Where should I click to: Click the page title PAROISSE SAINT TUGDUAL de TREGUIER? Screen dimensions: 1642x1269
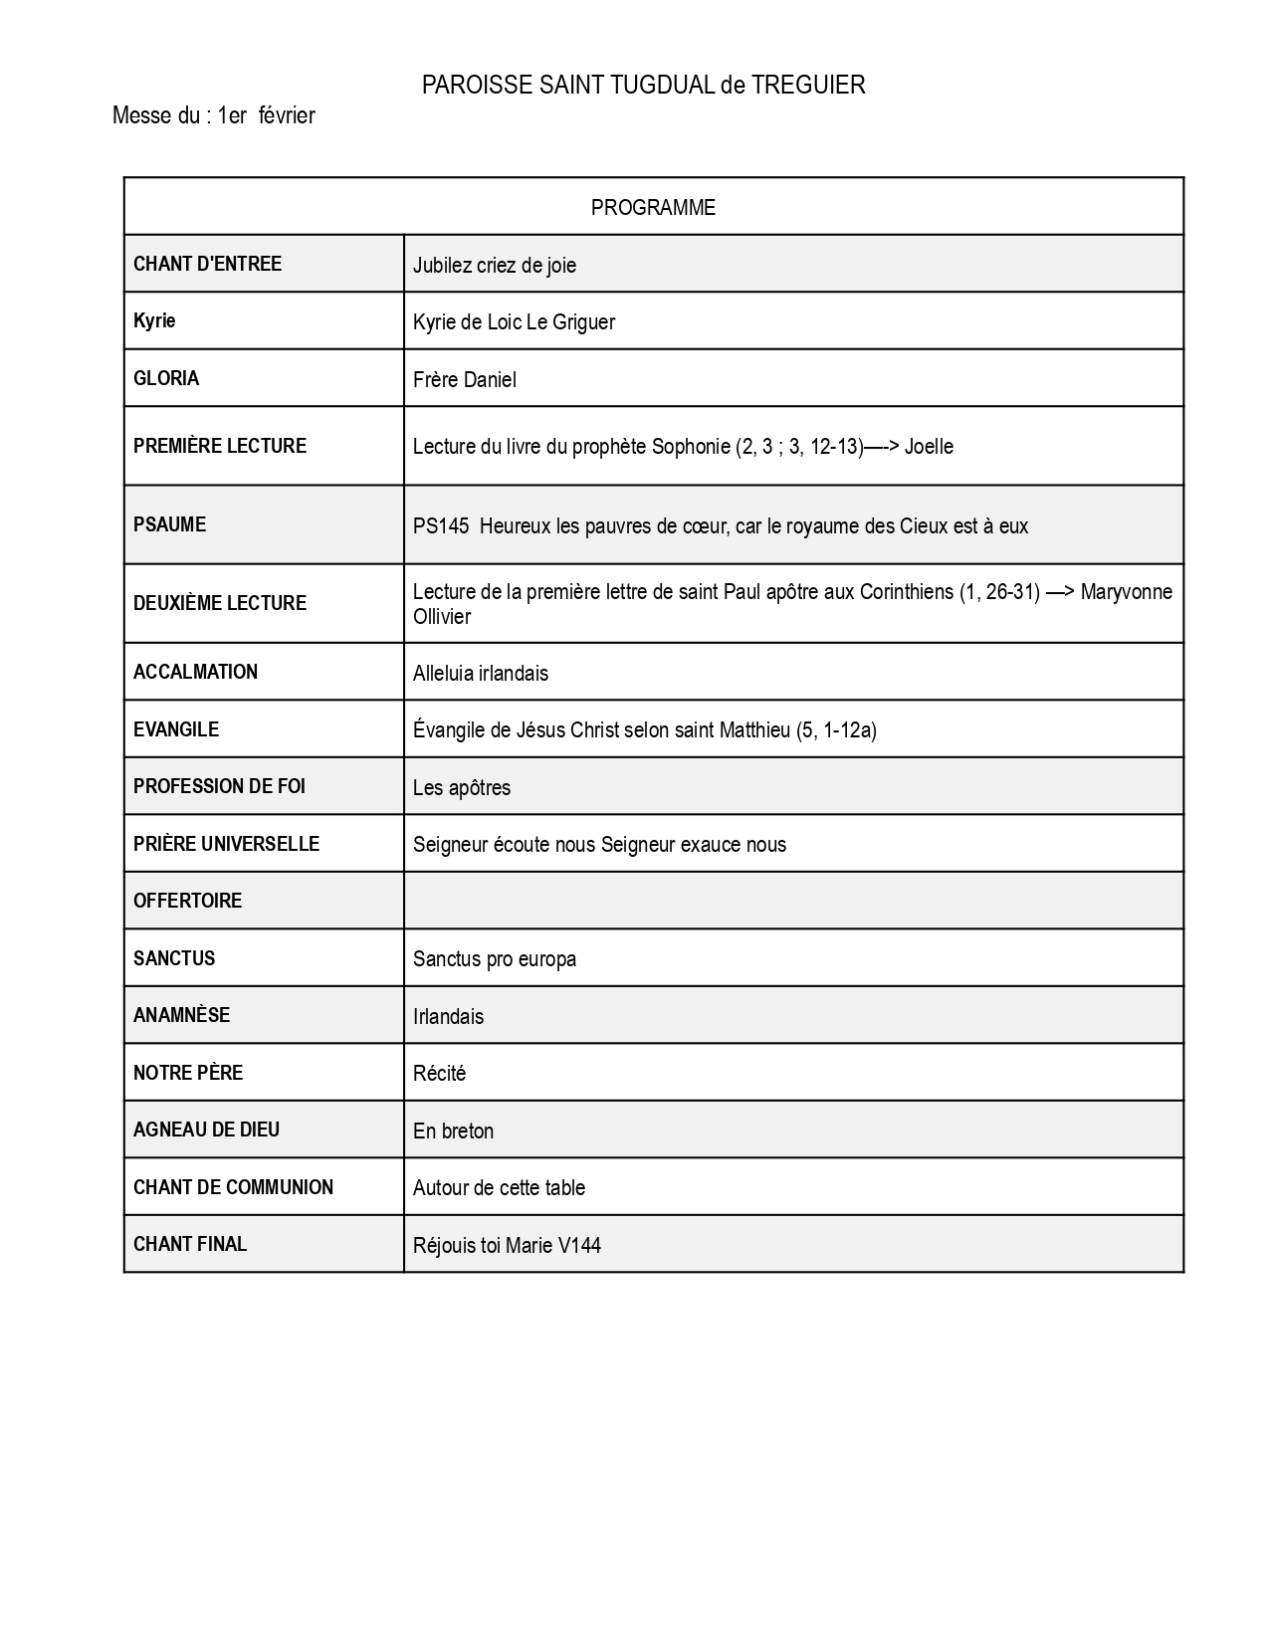(643, 86)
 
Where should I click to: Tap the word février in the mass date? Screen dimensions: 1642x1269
(287, 116)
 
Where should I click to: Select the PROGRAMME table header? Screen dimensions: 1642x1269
(653, 208)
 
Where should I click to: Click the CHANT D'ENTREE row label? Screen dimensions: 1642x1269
(207, 264)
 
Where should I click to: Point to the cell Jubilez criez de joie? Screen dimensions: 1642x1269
(495, 265)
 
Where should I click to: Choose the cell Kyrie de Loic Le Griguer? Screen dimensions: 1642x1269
(514, 322)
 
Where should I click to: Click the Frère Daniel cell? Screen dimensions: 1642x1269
(465, 379)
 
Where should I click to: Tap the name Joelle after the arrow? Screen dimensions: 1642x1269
(929, 447)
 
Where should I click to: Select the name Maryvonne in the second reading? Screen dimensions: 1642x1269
(1126, 592)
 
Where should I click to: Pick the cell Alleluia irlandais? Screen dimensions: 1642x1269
(481, 674)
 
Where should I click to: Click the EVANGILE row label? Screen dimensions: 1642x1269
(176, 729)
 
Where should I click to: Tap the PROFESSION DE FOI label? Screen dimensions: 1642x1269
(219, 786)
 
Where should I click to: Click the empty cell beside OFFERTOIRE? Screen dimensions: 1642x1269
(793, 901)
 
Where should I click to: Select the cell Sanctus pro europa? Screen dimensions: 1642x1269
(495, 959)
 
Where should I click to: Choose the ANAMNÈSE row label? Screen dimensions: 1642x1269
(181, 1015)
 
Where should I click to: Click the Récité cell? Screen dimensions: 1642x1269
(440, 1074)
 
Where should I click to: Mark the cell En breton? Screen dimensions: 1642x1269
(453, 1130)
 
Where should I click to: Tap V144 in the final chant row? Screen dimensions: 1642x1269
(579, 1245)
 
